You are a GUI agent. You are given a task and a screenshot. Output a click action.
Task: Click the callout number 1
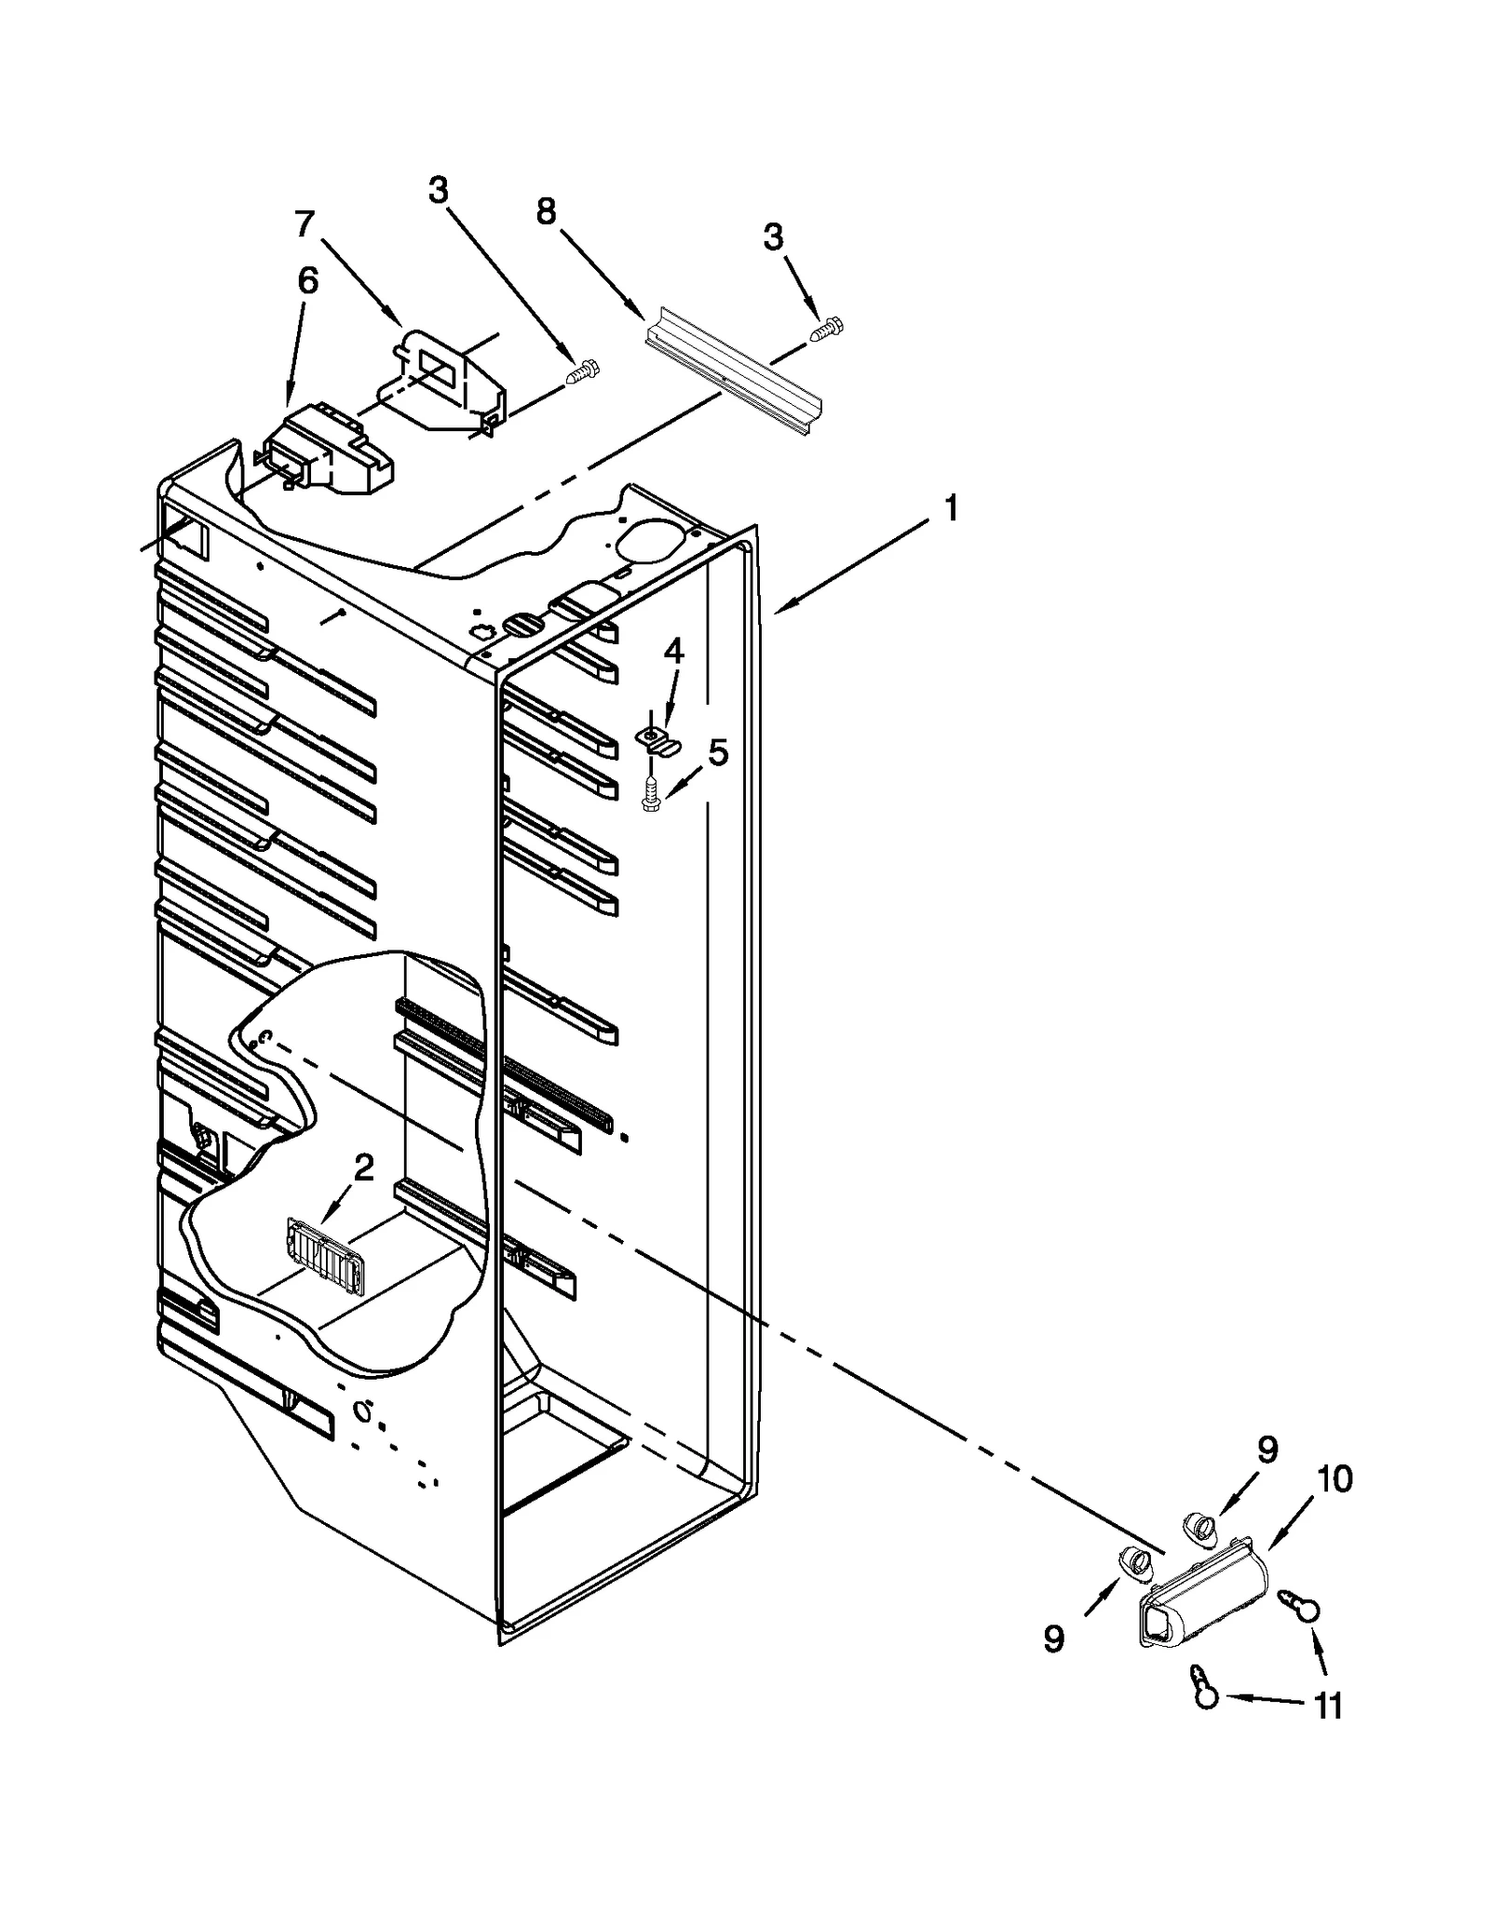[x=951, y=509]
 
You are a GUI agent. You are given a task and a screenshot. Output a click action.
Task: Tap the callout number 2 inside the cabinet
[x=363, y=1167]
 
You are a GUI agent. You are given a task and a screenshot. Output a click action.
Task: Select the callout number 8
[x=546, y=212]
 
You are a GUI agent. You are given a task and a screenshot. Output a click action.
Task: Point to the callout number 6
[x=307, y=280]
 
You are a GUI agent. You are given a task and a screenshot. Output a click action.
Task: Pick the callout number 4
[x=672, y=651]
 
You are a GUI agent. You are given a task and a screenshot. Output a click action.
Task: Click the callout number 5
[x=718, y=752]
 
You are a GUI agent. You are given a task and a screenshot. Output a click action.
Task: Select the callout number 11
[x=1328, y=1706]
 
